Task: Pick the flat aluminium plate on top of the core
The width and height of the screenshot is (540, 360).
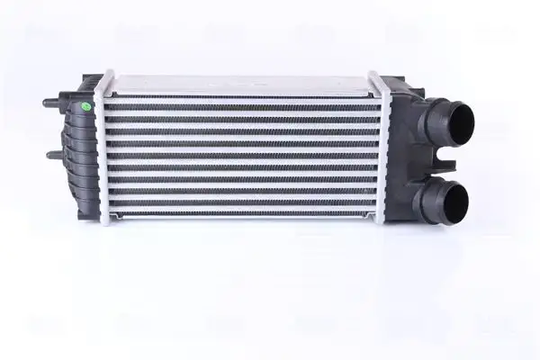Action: (x=239, y=84)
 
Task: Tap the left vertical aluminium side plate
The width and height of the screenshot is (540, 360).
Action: (x=106, y=148)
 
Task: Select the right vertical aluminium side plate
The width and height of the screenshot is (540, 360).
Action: (x=379, y=148)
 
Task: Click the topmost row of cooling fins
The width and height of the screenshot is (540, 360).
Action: (x=241, y=101)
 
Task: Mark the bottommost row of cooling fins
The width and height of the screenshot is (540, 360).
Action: (x=241, y=210)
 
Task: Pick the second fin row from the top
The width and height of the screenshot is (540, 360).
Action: (x=241, y=112)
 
